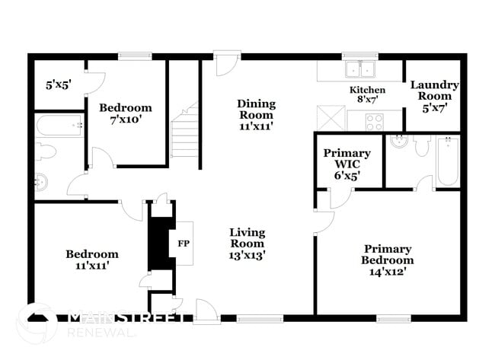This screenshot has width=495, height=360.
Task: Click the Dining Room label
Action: point(256,115)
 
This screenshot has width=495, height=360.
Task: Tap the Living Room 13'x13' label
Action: point(247,244)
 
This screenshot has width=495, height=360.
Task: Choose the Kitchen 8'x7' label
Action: point(368,95)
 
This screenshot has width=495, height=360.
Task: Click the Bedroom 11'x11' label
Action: point(91,260)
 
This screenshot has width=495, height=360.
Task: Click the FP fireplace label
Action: point(183,244)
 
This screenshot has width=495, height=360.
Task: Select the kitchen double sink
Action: point(360,69)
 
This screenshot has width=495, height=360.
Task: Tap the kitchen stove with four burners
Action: point(374,121)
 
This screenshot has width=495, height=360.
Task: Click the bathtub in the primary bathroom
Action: point(448,160)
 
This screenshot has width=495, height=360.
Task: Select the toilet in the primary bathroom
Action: point(422,145)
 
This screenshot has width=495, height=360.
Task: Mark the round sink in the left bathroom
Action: point(41,182)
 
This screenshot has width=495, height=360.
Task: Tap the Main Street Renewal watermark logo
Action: point(37,323)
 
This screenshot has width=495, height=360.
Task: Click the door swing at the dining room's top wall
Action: point(226,65)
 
